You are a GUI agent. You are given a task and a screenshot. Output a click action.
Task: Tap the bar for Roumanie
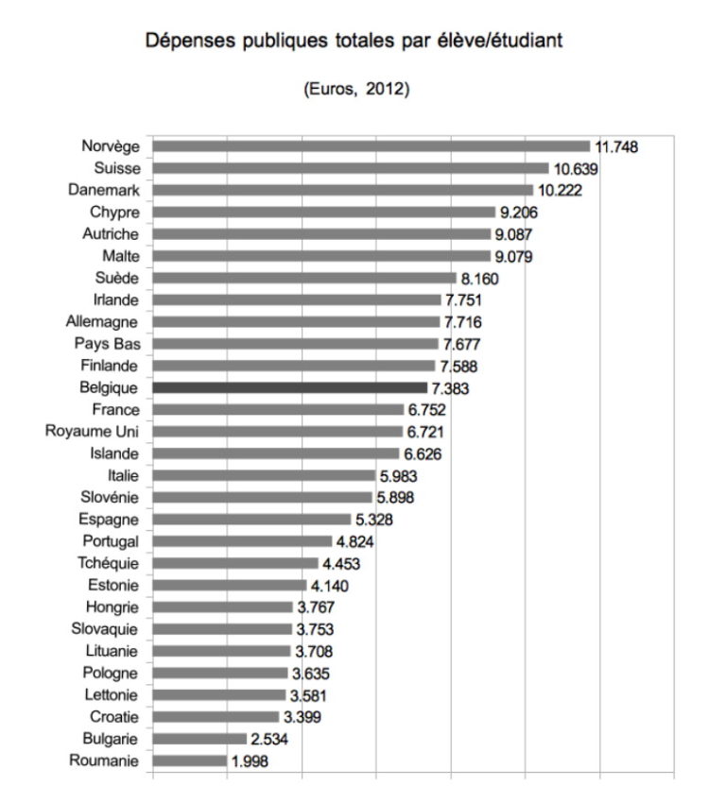189,760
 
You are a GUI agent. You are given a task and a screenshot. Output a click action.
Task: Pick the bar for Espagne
251,520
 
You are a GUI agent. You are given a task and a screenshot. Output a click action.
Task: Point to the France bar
278,409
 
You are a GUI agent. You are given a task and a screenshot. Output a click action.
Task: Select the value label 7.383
451,388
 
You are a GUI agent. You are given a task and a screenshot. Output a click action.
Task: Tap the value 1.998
251,761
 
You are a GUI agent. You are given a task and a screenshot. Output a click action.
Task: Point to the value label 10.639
576,169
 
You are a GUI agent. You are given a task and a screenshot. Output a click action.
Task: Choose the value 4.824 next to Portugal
356,542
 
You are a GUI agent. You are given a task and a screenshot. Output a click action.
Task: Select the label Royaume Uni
93,432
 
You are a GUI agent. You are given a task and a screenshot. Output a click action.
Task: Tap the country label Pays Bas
107,344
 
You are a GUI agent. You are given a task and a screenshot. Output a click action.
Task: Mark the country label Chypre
114,212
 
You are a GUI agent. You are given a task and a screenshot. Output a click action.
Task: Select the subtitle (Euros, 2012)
356,90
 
